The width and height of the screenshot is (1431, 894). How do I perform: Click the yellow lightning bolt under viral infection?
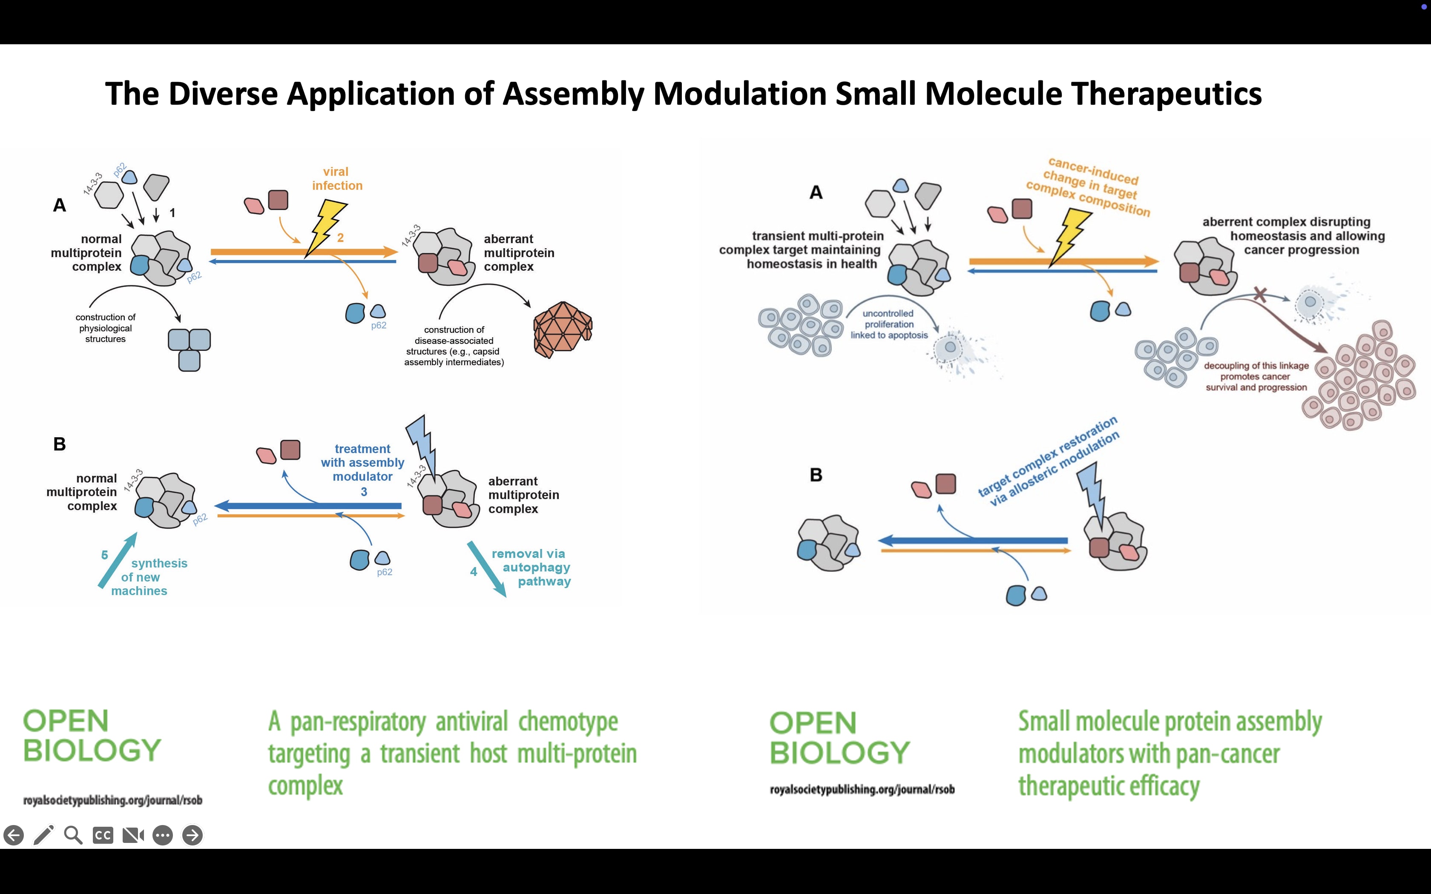325,228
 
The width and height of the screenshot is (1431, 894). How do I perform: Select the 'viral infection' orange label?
336,178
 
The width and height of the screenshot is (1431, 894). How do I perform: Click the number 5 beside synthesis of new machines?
105,555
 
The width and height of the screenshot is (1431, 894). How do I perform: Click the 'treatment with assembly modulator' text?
362,463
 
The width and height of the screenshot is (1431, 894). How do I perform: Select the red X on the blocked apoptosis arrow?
1260,294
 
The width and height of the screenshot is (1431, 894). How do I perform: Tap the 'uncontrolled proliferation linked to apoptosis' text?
889,324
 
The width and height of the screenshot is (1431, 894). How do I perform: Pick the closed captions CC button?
103,835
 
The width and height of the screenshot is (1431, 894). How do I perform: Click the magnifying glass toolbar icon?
73,835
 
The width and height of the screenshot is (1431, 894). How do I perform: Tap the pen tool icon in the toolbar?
44,835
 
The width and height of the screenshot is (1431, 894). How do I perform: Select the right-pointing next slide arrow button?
192,835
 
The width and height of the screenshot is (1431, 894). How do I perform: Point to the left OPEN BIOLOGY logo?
92,736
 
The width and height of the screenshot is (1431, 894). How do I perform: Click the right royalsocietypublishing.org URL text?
862,789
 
